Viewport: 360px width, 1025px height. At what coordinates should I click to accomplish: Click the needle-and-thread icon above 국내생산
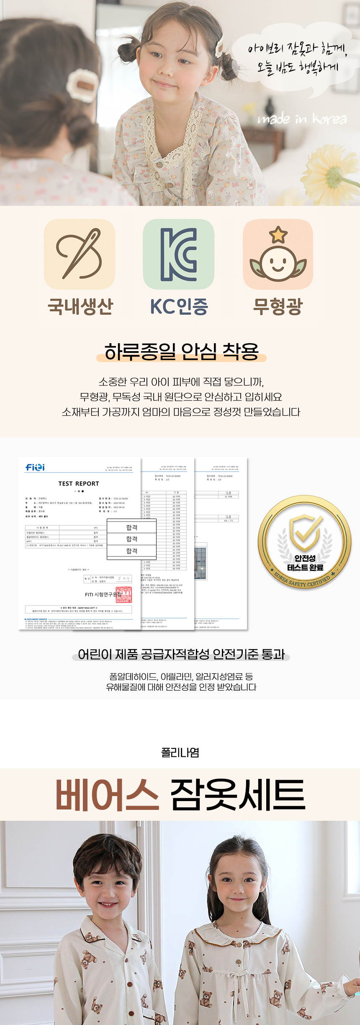tap(80, 254)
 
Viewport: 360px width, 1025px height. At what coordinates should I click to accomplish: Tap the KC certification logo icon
tap(179, 254)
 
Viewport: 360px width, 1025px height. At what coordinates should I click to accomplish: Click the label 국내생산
tap(80, 306)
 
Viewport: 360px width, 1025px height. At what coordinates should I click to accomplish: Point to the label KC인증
tap(179, 306)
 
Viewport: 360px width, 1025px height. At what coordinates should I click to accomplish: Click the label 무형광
tap(278, 306)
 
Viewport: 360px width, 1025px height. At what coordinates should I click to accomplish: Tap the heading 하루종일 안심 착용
tap(181, 351)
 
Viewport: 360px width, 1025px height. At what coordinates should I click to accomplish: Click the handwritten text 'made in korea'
tap(302, 119)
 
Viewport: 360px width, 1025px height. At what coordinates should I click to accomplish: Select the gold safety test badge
tap(305, 542)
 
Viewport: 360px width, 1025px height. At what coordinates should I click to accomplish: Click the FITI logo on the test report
tap(35, 467)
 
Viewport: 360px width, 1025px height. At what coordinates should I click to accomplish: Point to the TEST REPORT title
tap(79, 483)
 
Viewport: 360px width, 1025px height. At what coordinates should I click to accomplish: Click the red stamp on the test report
tap(123, 594)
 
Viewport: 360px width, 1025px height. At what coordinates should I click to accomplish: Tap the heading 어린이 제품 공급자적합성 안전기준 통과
tap(181, 654)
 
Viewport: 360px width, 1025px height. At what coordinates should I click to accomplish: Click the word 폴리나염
tap(180, 753)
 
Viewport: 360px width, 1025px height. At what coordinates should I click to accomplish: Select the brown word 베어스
tap(107, 795)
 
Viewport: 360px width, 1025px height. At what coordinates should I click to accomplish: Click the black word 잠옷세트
tap(237, 795)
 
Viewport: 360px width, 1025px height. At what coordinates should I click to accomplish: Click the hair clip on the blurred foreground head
tap(81, 85)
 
